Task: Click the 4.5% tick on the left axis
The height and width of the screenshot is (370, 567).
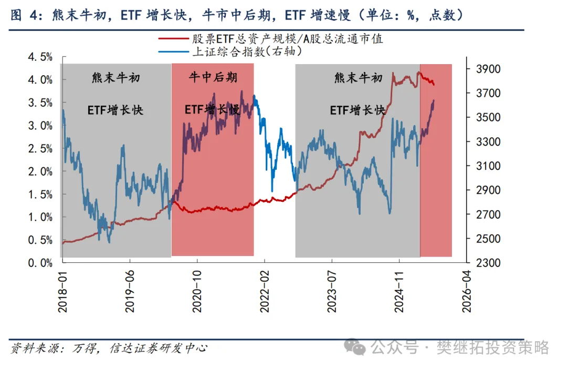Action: point(40,57)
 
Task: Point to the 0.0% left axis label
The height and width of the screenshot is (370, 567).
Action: point(40,262)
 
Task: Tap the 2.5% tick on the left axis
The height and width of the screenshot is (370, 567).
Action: point(40,148)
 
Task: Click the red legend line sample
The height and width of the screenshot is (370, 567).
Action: point(173,39)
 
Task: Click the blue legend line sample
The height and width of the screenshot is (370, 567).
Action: point(173,51)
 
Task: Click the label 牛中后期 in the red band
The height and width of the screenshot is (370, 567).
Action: point(213,78)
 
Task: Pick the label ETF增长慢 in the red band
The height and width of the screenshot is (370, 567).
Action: point(212,110)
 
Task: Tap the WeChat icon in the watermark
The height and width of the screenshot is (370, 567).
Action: point(359,347)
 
